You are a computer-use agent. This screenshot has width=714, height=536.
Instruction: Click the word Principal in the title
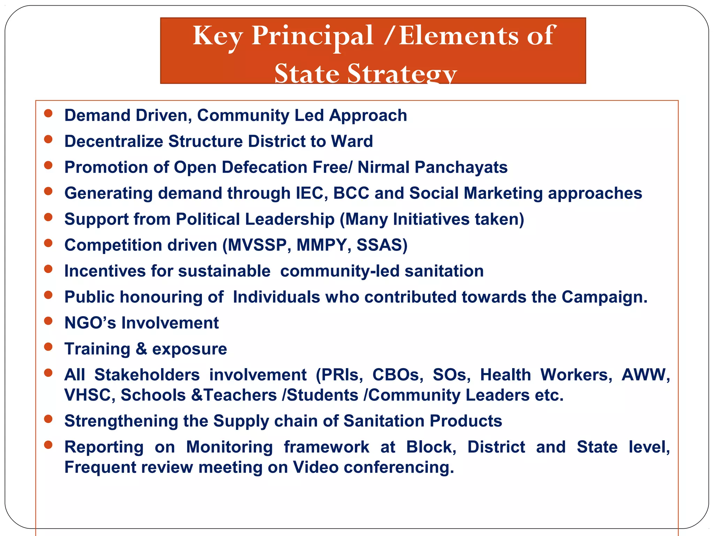click(x=312, y=36)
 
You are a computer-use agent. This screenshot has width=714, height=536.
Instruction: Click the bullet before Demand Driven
click(x=48, y=113)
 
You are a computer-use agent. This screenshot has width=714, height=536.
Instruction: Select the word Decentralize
click(x=114, y=141)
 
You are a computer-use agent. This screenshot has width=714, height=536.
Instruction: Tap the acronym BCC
click(x=351, y=193)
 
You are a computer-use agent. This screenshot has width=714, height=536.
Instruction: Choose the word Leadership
click(x=290, y=219)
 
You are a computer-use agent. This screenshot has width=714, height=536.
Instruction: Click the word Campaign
click(x=604, y=297)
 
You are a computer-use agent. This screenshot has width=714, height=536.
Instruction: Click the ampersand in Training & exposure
click(x=141, y=349)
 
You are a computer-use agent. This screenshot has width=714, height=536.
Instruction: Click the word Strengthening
click(x=121, y=421)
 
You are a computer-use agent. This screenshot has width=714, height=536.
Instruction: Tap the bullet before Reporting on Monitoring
click(x=48, y=445)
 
